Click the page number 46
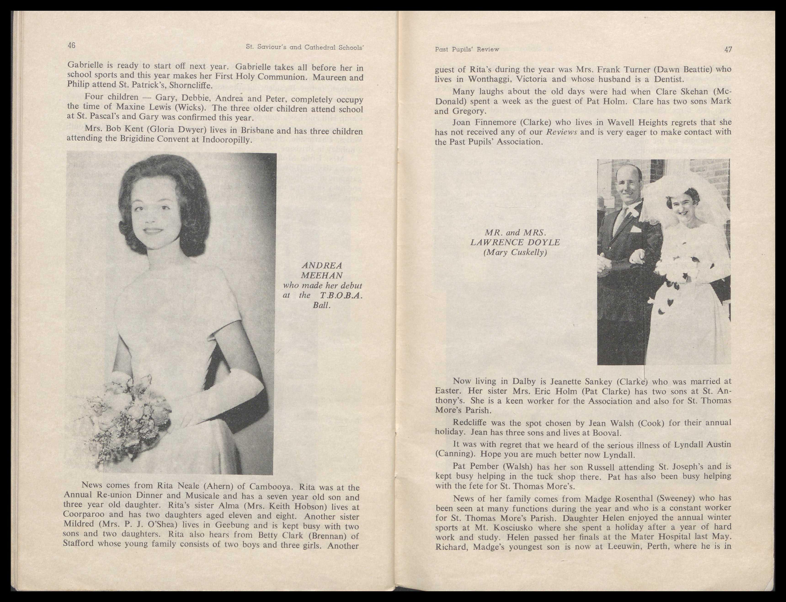(71, 45)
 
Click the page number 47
(728, 50)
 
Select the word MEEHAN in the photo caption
(322, 276)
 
